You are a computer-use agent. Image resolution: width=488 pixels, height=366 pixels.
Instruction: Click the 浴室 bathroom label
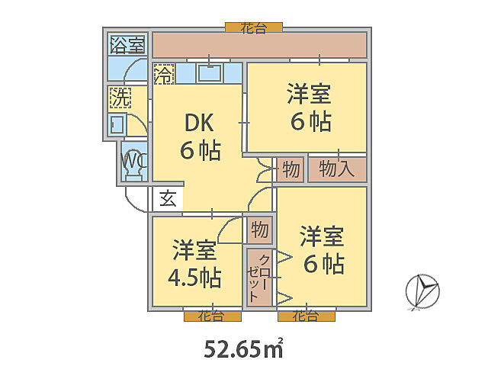(x=127, y=44)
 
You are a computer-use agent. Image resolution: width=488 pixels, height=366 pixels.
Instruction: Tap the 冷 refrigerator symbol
(x=163, y=75)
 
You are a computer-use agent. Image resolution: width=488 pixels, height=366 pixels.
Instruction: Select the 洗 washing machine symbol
(x=120, y=98)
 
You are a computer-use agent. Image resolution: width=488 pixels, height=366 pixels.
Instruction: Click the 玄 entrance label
(x=168, y=199)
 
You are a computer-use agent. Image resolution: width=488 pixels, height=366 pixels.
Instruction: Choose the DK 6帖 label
(x=200, y=136)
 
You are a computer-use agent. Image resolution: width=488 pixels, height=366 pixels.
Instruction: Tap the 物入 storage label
(x=336, y=169)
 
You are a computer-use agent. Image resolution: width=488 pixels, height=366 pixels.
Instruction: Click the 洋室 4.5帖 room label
(x=194, y=264)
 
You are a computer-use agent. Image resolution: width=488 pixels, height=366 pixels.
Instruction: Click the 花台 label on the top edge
(x=253, y=27)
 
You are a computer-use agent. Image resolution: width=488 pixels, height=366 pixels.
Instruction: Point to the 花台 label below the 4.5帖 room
(x=212, y=315)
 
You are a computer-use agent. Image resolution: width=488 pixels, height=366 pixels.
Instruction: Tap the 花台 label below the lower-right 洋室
(x=306, y=315)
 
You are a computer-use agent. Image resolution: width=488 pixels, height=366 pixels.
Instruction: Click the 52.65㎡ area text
(x=243, y=348)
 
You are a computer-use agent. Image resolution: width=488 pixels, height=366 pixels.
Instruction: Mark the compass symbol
(x=422, y=291)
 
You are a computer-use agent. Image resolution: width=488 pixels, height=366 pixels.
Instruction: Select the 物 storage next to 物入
(x=290, y=169)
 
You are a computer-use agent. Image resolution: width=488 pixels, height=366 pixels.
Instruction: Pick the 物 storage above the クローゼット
(x=258, y=230)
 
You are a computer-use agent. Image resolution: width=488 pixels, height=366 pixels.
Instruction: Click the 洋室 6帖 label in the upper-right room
(x=309, y=108)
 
